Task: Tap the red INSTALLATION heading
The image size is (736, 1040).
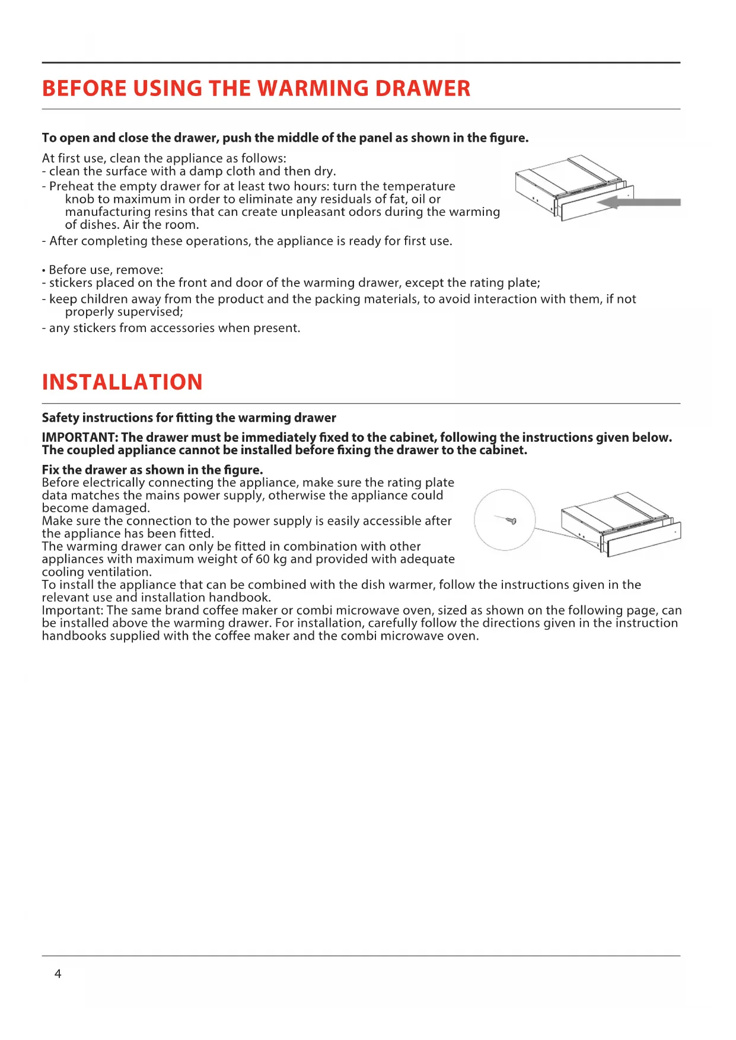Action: click(x=122, y=382)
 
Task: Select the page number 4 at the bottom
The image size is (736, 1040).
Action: click(x=58, y=974)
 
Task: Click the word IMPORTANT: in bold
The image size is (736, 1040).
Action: click(x=79, y=438)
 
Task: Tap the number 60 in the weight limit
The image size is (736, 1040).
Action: click(x=262, y=559)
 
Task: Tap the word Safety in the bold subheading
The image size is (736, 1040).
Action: click(x=60, y=417)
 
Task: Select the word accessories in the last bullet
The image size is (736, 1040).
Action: click(x=167, y=328)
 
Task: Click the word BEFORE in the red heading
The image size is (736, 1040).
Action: click(x=84, y=89)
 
